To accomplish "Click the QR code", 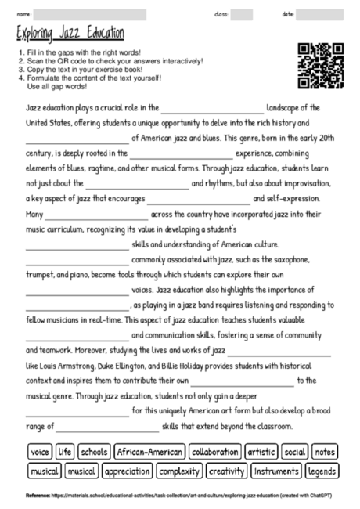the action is click(x=321, y=67).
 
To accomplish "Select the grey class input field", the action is click(x=242, y=15).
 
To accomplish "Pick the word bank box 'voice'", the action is click(x=39, y=452).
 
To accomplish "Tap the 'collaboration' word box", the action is click(x=214, y=452).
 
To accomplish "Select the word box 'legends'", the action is click(x=322, y=471).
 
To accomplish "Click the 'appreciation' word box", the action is click(x=127, y=471).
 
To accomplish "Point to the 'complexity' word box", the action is click(x=179, y=471).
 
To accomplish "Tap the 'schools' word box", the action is click(x=94, y=452).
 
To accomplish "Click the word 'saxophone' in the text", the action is click(x=288, y=260).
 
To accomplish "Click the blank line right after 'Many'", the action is click(x=97, y=214).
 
